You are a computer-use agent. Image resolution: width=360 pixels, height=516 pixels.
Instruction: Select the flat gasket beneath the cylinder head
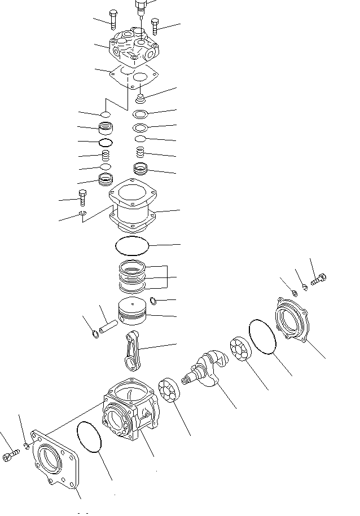(x=133, y=76)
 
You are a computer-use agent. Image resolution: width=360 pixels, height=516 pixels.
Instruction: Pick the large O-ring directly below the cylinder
(x=131, y=245)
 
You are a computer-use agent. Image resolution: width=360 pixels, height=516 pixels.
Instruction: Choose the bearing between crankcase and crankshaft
(x=169, y=390)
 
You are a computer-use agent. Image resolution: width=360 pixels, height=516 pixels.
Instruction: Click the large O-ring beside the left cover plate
(x=90, y=437)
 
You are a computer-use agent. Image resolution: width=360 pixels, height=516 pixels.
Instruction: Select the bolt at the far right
(x=319, y=279)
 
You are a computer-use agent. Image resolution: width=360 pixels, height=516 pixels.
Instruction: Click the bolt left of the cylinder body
(x=82, y=197)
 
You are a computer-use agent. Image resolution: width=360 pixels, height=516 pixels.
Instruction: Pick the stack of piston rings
(x=133, y=277)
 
